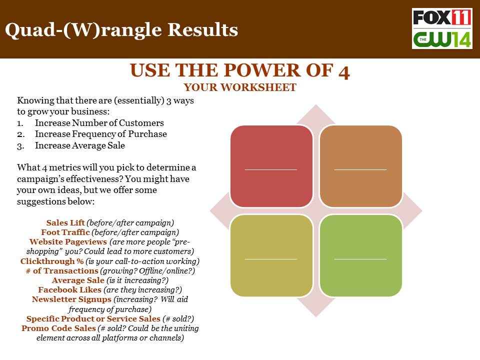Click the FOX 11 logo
click(442, 18)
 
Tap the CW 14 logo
click(442, 39)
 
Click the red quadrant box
click(271, 166)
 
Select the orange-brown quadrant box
click(360, 166)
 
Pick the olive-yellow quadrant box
click(271, 255)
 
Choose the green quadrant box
click(360, 255)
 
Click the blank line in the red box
click(271, 169)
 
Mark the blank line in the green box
click(360, 259)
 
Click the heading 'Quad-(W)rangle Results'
click(121, 30)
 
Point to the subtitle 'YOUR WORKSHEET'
click(240, 87)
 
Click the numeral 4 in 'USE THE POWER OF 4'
click(344, 72)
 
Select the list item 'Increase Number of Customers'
click(99, 123)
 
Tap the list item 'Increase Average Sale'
click(80, 145)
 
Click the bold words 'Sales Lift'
click(65, 222)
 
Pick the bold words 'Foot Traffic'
click(65, 232)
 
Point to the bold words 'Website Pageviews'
click(68, 242)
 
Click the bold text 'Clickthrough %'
click(52, 261)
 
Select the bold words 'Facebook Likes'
click(70, 289)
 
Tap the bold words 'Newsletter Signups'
click(71, 299)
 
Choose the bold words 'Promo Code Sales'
click(59, 328)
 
